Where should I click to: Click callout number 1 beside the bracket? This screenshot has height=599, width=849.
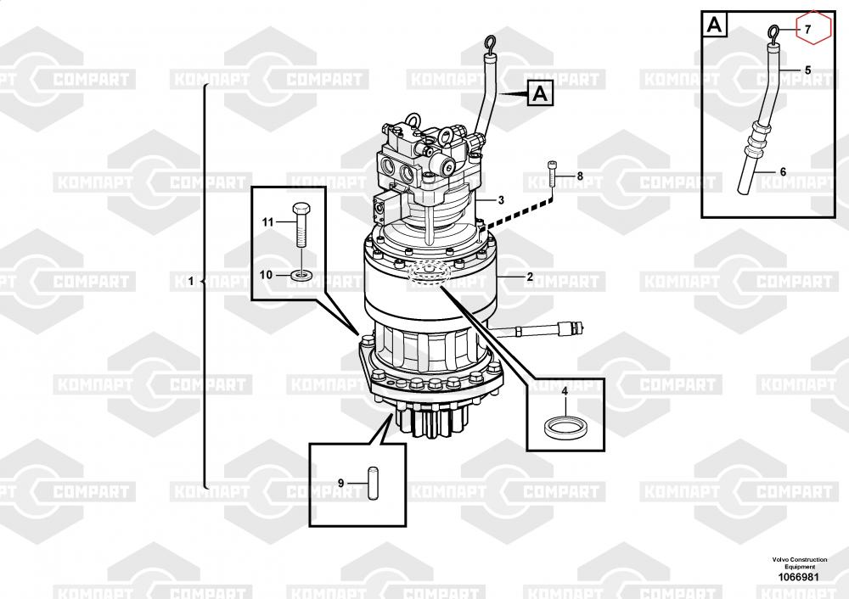pyautogui.click(x=190, y=282)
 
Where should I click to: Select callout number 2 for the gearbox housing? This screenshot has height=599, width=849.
pyautogui.click(x=530, y=277)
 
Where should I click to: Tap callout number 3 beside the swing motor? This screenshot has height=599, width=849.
pyautogui.click(x=501, y=200)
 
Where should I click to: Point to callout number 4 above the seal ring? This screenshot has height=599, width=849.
pyautogui.click(x=565, y=391)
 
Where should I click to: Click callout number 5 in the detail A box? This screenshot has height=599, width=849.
pyautogui.click(x=808, y=70)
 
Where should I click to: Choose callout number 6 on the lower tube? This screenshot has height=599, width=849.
pyautogui.click(x=783, y=172)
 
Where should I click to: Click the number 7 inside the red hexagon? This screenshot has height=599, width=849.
pyautogui.click(x=808, y=29)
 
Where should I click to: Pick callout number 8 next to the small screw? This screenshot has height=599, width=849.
pyautogui.click(x=580, y=176)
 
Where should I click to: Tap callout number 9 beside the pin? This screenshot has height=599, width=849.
pyautogui.click(x=340, y=483)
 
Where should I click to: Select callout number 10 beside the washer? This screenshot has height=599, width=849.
pyautogui.click(x=266, y=275)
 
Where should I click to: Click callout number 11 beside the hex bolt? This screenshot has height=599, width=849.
pyautogui.click(x=268, y=221)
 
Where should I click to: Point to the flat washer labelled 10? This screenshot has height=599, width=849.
pyautogui.click(x=300, y=276)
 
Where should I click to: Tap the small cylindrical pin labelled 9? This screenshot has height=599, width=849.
pyautogui.click(x=373, y=484)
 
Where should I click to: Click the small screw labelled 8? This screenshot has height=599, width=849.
pyautogui.click(x=552, y=173)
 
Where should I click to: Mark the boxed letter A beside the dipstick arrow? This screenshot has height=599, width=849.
pyautogui.click(x=540, y=93)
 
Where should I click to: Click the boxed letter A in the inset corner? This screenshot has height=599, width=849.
pyautogui.click(x=715, y=24)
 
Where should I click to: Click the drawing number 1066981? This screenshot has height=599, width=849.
pyautogui.click(x=799, y=577)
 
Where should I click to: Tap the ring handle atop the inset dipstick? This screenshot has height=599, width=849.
pyautogui.click(x=773, y=33)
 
